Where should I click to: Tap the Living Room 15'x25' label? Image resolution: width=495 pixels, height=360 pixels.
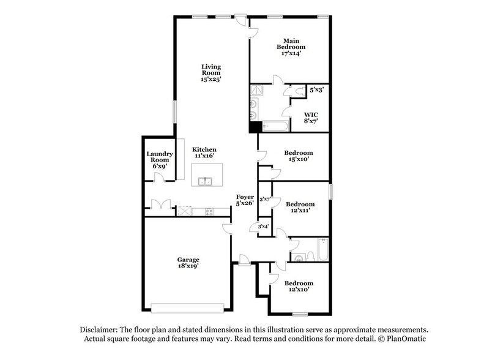[212, 72]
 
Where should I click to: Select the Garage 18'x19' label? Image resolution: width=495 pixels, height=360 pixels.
[188, 263]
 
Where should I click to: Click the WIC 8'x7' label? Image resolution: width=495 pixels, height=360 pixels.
[311, 118]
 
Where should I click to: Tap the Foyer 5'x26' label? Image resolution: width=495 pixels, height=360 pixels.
[245, 200]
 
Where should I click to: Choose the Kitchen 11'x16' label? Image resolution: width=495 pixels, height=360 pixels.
[204, 153]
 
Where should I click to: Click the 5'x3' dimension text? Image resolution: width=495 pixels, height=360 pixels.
[316, 91]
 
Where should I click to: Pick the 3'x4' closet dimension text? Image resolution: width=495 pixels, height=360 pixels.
[264, 227]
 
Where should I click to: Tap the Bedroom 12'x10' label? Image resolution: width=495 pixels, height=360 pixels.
[299, 287]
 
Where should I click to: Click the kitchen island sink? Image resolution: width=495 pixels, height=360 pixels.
[206, 181]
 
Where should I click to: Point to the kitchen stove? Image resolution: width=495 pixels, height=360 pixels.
[209, 212]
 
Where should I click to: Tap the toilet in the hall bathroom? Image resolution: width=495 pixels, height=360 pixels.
[311, 254]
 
